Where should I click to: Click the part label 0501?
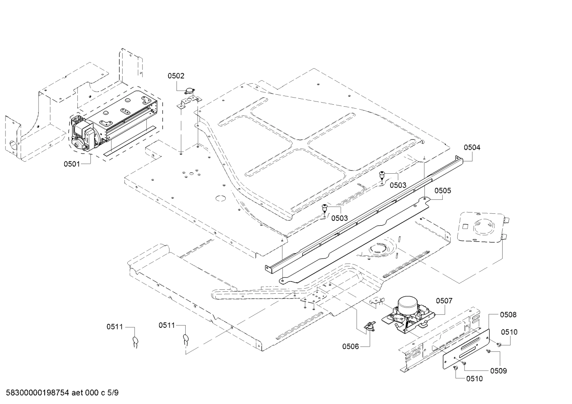coord(72,164)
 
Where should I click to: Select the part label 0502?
coord(176,76)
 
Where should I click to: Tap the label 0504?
coord(472,147)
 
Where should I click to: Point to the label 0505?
coord(443,191)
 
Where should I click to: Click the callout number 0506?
coord(351,347)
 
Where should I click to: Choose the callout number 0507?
coord(444,301)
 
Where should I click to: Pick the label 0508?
coord(508,315)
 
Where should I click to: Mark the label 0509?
coord(498,371)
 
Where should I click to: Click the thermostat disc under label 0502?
coord(191,92)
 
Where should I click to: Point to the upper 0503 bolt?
coord(382,174)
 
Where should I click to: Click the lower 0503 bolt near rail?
coord(325,207)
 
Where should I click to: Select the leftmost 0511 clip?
coord(135,340)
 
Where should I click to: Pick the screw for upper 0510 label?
coord(499,345)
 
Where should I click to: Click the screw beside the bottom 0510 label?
coord(455,368)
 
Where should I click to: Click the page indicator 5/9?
coord(113,393)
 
